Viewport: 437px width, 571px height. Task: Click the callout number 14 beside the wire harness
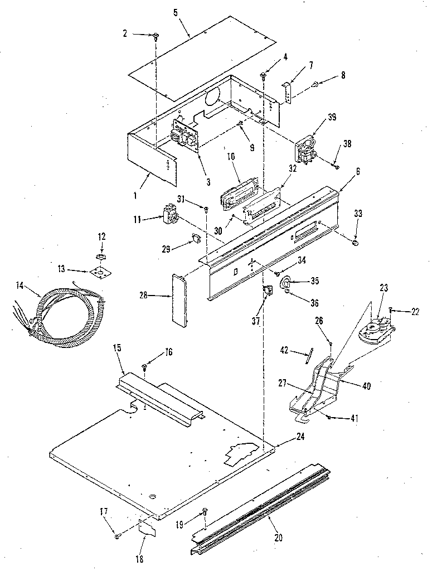point(20,285)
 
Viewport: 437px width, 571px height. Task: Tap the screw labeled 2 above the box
point(156,37)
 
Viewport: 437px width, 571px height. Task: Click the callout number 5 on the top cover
point(176,12)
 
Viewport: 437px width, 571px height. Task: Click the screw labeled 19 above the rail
point(205,511)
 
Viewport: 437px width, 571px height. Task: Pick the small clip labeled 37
point(267,291)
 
